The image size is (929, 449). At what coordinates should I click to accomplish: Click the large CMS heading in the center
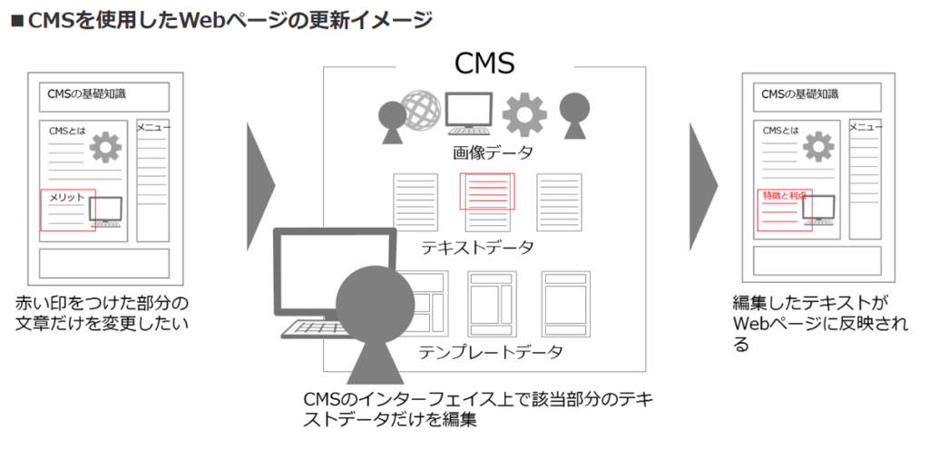[x=484, y=64]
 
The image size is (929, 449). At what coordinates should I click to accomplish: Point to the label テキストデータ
[x=477, y=247]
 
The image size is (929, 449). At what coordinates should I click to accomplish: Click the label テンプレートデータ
[x=491, y=352]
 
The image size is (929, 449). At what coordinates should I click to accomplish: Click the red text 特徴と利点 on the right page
[x=785, y=195]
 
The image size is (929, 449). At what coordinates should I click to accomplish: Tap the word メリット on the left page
[x=66, y=197]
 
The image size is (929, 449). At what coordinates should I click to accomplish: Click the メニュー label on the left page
[x=153, y=128]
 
